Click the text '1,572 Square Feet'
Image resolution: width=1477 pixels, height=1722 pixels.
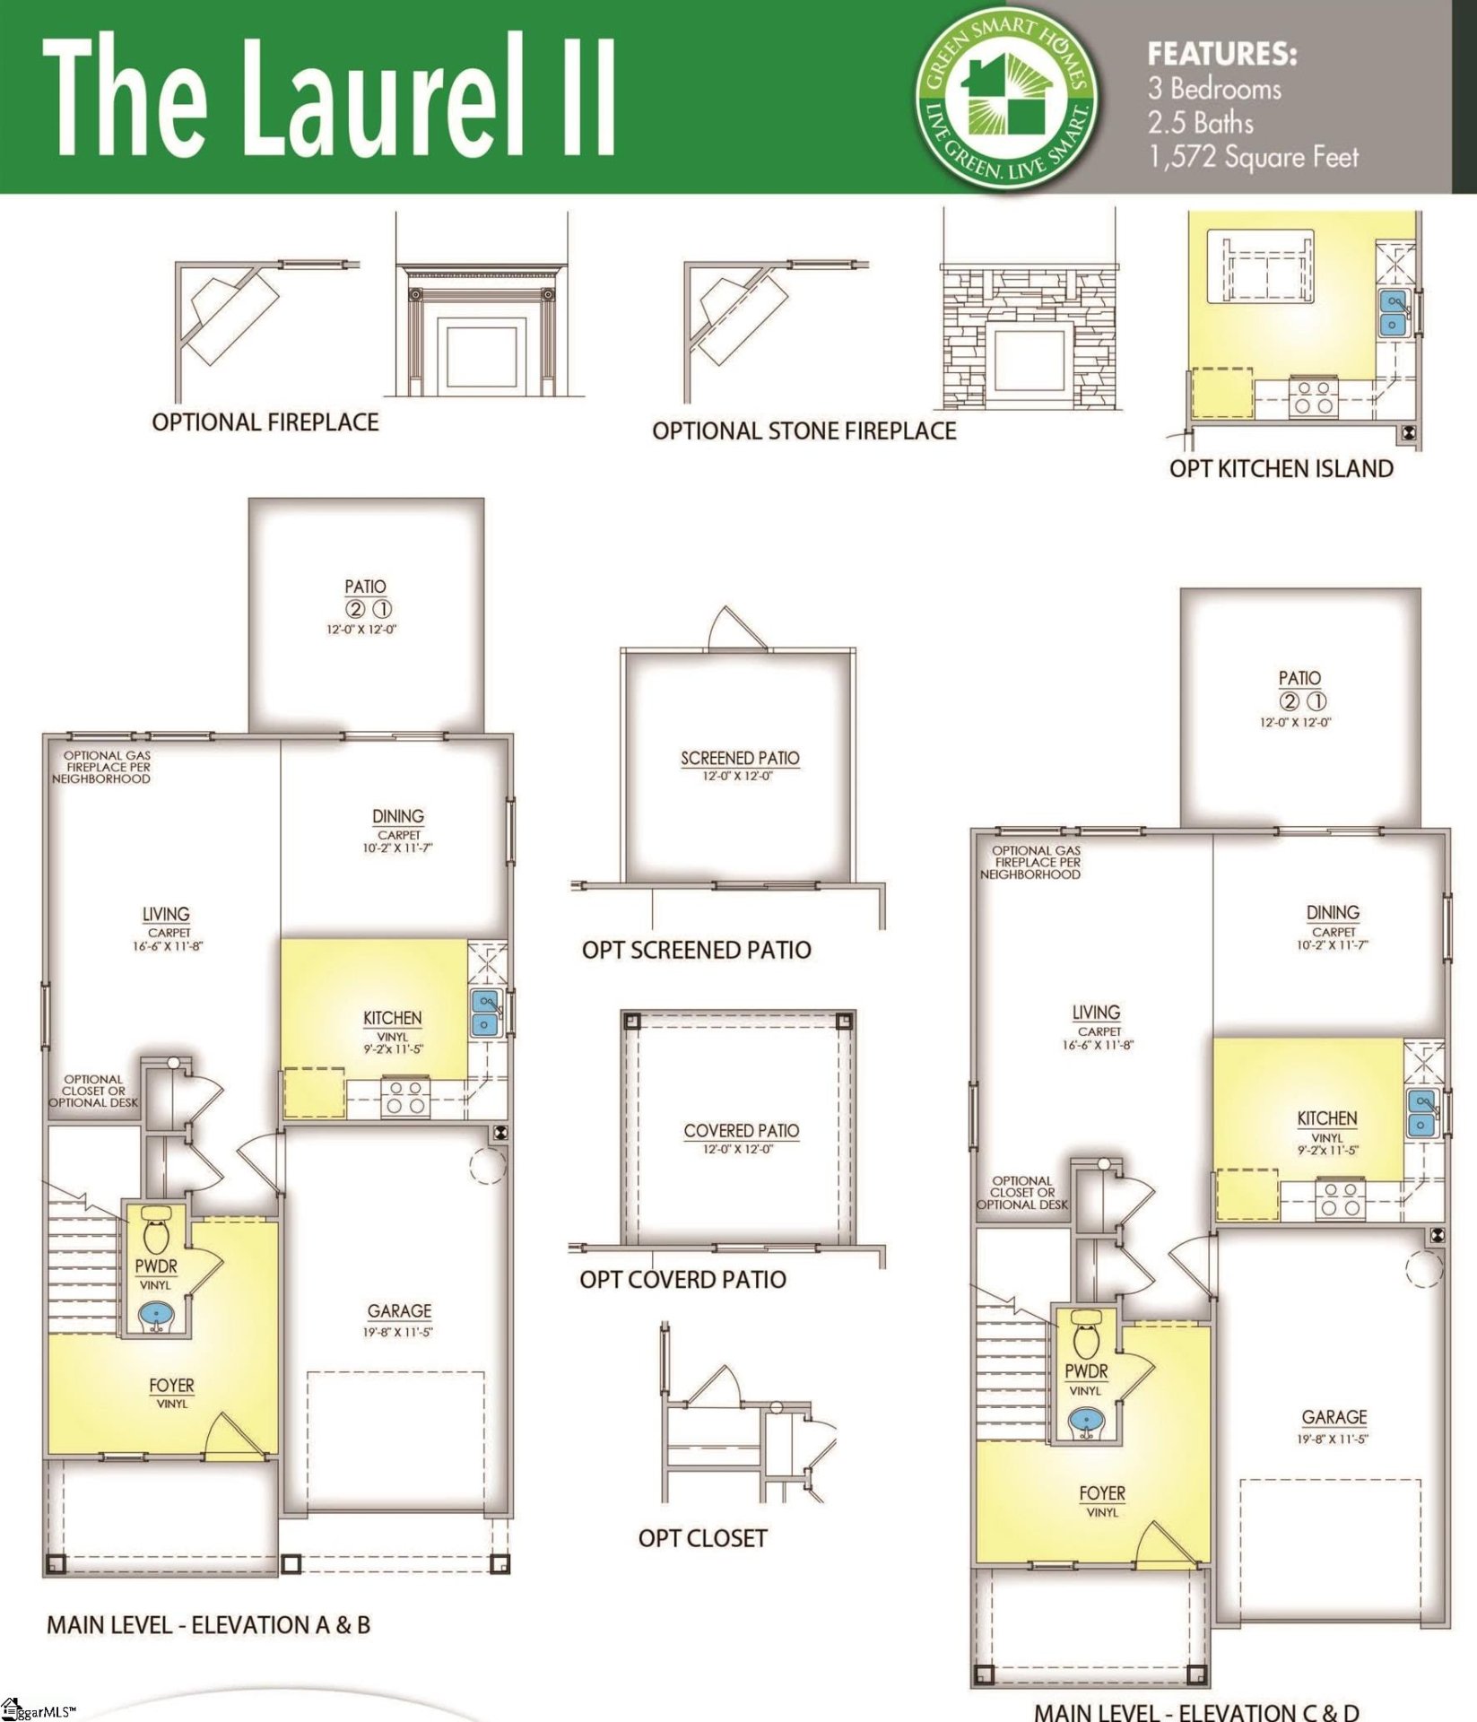click(x=1253, y=158)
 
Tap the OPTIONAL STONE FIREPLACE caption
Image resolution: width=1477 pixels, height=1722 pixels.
click(x=804, y=431)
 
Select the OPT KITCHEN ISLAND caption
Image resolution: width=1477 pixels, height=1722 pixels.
click(x=1281, y=469)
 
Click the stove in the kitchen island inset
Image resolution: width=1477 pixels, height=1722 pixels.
click(x=1313, y=397)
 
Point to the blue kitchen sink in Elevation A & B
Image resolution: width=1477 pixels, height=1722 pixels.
click(x=484, y=1013)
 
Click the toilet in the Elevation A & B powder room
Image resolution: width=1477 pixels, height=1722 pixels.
click(x=156, y=1234)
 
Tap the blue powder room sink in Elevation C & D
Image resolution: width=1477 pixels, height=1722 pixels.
click(x=1087, y=1421)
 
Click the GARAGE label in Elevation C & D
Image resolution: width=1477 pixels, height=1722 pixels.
click(x=1334, y=1417)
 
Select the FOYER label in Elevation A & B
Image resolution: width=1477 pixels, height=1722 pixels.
click(x=171, y=1386)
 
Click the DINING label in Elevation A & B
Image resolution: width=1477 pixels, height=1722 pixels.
click(x=398, y=816)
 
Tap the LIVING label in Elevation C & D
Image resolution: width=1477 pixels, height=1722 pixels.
click(x=1096, y=1012)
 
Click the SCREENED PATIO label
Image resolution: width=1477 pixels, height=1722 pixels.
click(x=740, y=759)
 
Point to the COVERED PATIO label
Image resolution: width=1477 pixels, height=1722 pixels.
click(x=741, y=1131)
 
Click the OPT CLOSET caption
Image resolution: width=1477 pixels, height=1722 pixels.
click(x=702, y=1538)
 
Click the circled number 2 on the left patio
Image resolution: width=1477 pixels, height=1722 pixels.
click(x=355, y=610)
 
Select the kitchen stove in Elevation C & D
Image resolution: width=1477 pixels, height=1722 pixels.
click(x=1340, y=1199)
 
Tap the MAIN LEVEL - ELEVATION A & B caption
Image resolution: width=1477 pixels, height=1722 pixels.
click(x=208, y=1625)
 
